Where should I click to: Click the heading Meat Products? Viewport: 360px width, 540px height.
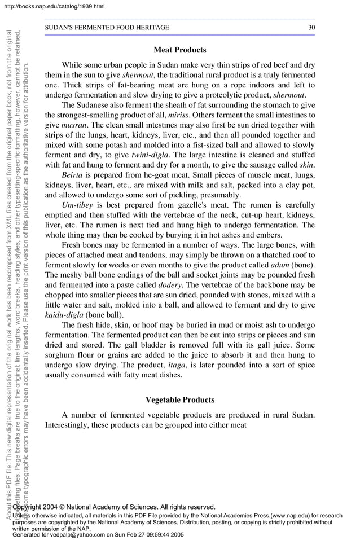tap(179, 50)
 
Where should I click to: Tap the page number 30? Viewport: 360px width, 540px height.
tap(311, 27)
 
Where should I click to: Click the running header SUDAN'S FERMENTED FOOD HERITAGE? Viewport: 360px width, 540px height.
tap(107, 27)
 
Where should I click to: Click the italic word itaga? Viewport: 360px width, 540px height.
tap(178, 366)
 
